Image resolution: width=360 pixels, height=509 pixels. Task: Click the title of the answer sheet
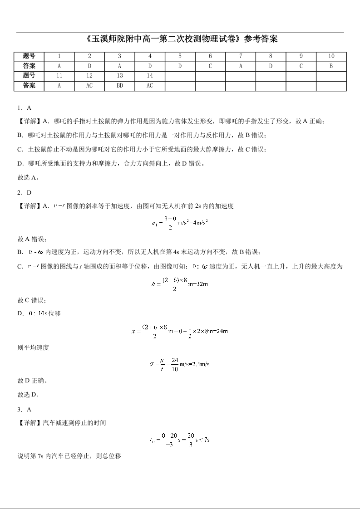[180, 39]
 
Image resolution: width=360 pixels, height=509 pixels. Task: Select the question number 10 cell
[331, 56]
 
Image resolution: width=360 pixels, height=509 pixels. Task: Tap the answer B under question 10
[331, 66]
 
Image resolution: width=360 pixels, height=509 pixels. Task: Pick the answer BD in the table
[119, 85]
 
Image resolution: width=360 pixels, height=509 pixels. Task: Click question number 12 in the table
[89, 76]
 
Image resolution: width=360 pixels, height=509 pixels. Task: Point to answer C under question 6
[210, 66]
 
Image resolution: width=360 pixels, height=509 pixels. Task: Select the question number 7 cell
[240, 56]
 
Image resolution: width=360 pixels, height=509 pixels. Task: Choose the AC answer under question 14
[150, 85]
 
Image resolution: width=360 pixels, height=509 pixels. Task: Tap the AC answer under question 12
[89, 85]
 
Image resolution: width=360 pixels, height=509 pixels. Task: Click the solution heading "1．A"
[24, 108]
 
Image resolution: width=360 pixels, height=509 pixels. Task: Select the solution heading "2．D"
[24, 192]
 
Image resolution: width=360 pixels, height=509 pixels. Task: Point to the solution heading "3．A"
[24, 409]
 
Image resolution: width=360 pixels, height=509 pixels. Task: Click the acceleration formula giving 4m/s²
[180, 222]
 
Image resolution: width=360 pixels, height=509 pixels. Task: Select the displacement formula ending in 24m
[180, 331]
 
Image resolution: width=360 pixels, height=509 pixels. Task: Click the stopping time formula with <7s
[180, 439]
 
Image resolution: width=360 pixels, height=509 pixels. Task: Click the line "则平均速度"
[33, 347]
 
